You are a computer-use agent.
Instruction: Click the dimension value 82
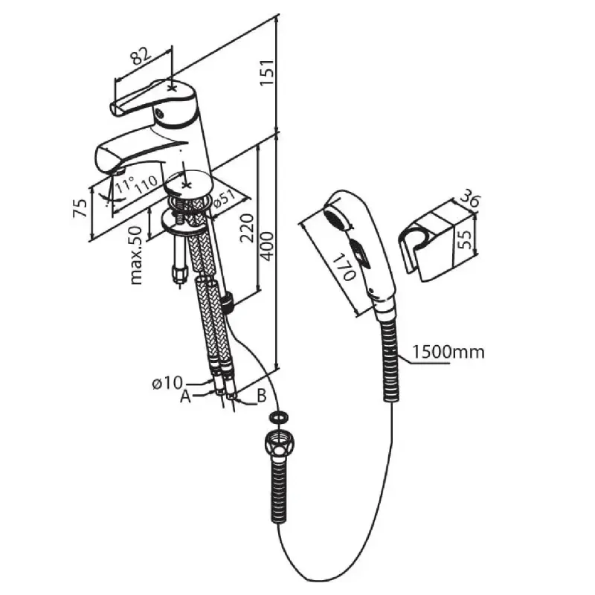140,57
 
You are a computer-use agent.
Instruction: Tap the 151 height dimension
267,72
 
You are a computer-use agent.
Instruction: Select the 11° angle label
125,184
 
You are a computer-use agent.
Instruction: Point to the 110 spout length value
145,184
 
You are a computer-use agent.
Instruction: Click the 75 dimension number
80,208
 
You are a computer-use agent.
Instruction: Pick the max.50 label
135,255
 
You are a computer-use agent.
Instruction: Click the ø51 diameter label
225,200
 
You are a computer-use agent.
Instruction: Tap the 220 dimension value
247,228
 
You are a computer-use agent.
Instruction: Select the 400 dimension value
267,246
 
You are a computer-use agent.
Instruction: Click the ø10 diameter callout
167,383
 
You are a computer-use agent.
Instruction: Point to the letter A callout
185,396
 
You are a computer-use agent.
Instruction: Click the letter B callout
262,396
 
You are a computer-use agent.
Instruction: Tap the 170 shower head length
344,267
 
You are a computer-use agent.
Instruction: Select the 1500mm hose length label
448,352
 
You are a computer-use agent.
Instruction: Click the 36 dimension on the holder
470,200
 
